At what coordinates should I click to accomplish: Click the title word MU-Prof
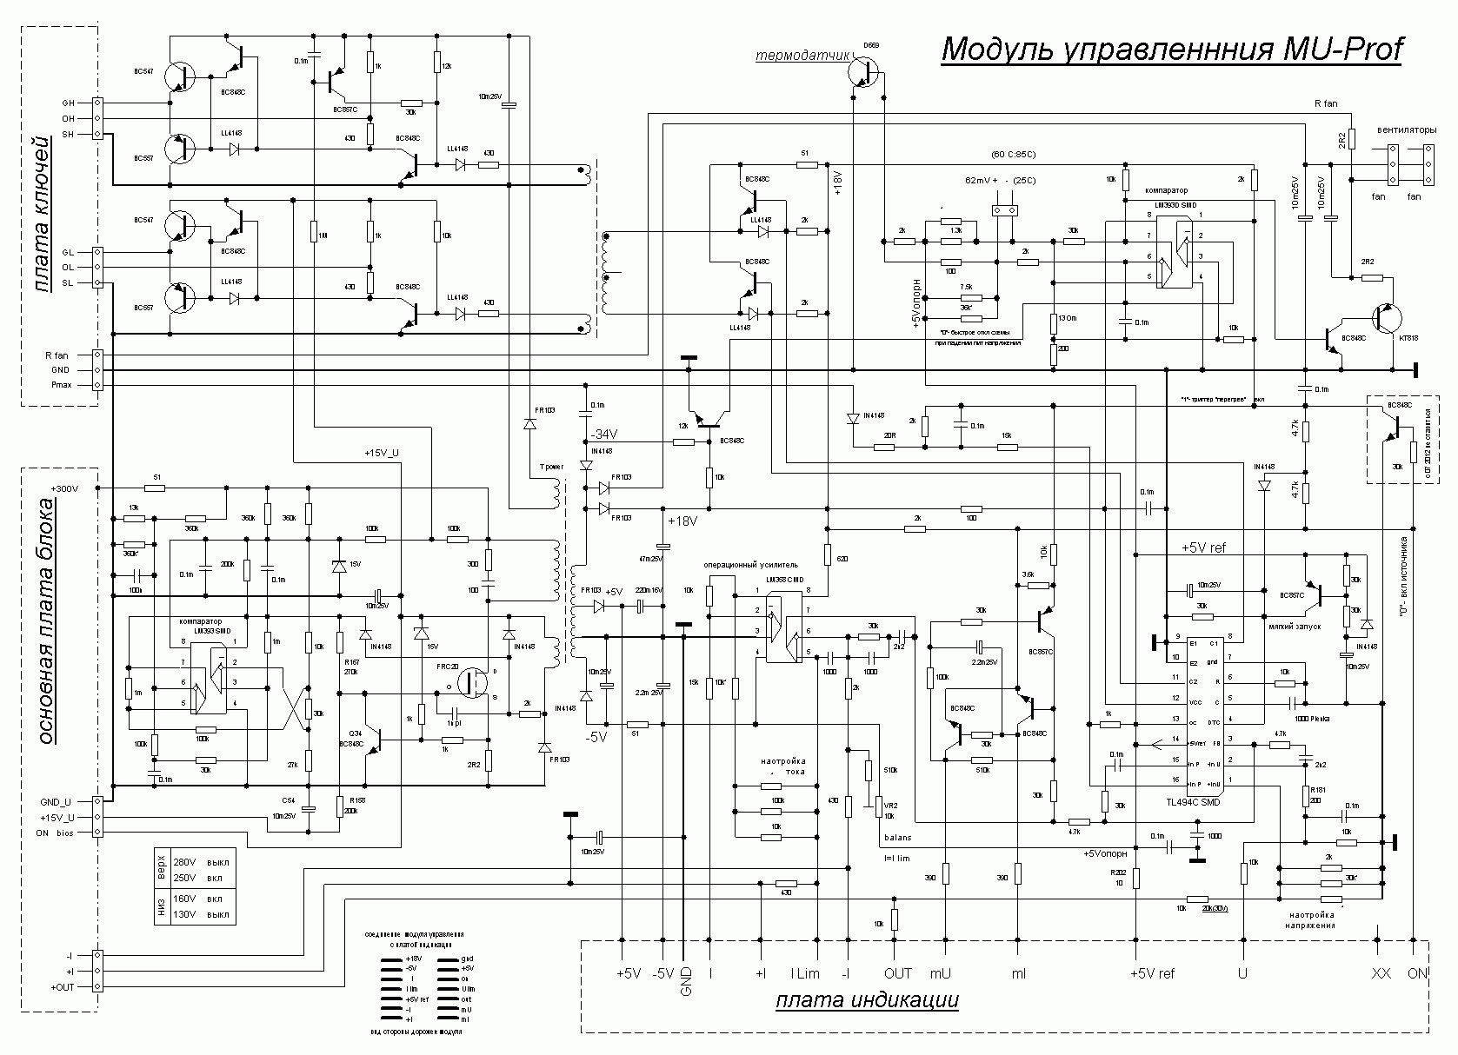tap(1343, 50)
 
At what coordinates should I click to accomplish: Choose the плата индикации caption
tap(867, 1001)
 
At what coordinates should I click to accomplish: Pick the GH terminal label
tap(68, 103)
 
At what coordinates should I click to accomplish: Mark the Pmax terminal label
tap(63, 385)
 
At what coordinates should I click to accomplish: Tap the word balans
tap(898, 839)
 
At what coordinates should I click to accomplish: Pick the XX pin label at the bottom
tap(1381, 973)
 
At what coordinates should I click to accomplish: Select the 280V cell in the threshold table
tap(185, 862)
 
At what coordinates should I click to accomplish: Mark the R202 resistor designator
tap(1117, 872)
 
